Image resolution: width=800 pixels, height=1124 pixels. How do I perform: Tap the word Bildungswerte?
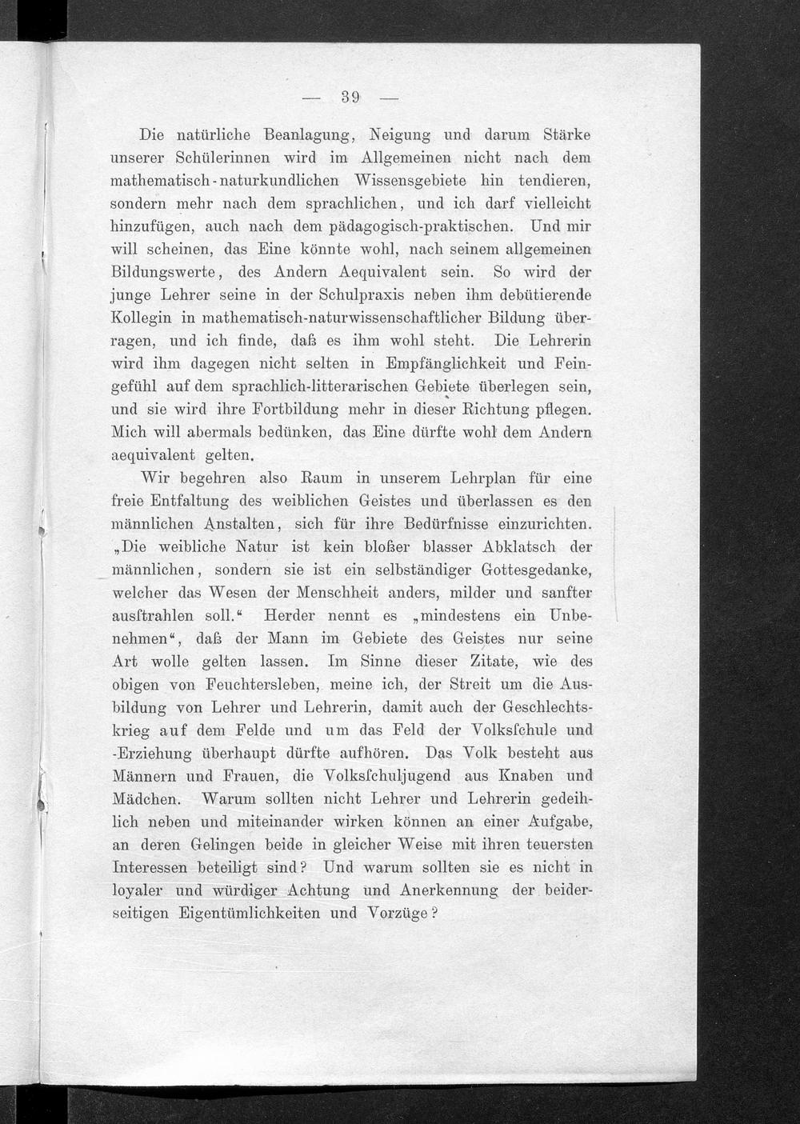click(168, 271)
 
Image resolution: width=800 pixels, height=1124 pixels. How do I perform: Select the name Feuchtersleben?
click(262, 686)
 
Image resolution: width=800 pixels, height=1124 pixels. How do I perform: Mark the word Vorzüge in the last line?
click(395, 914)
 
